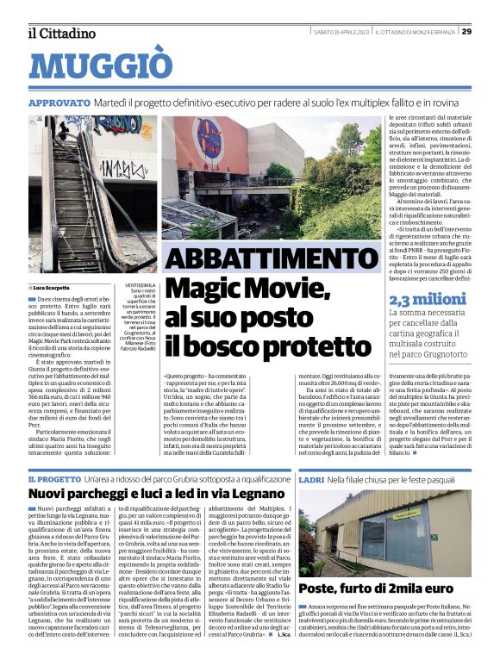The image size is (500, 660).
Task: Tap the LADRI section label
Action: coord(311,478)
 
